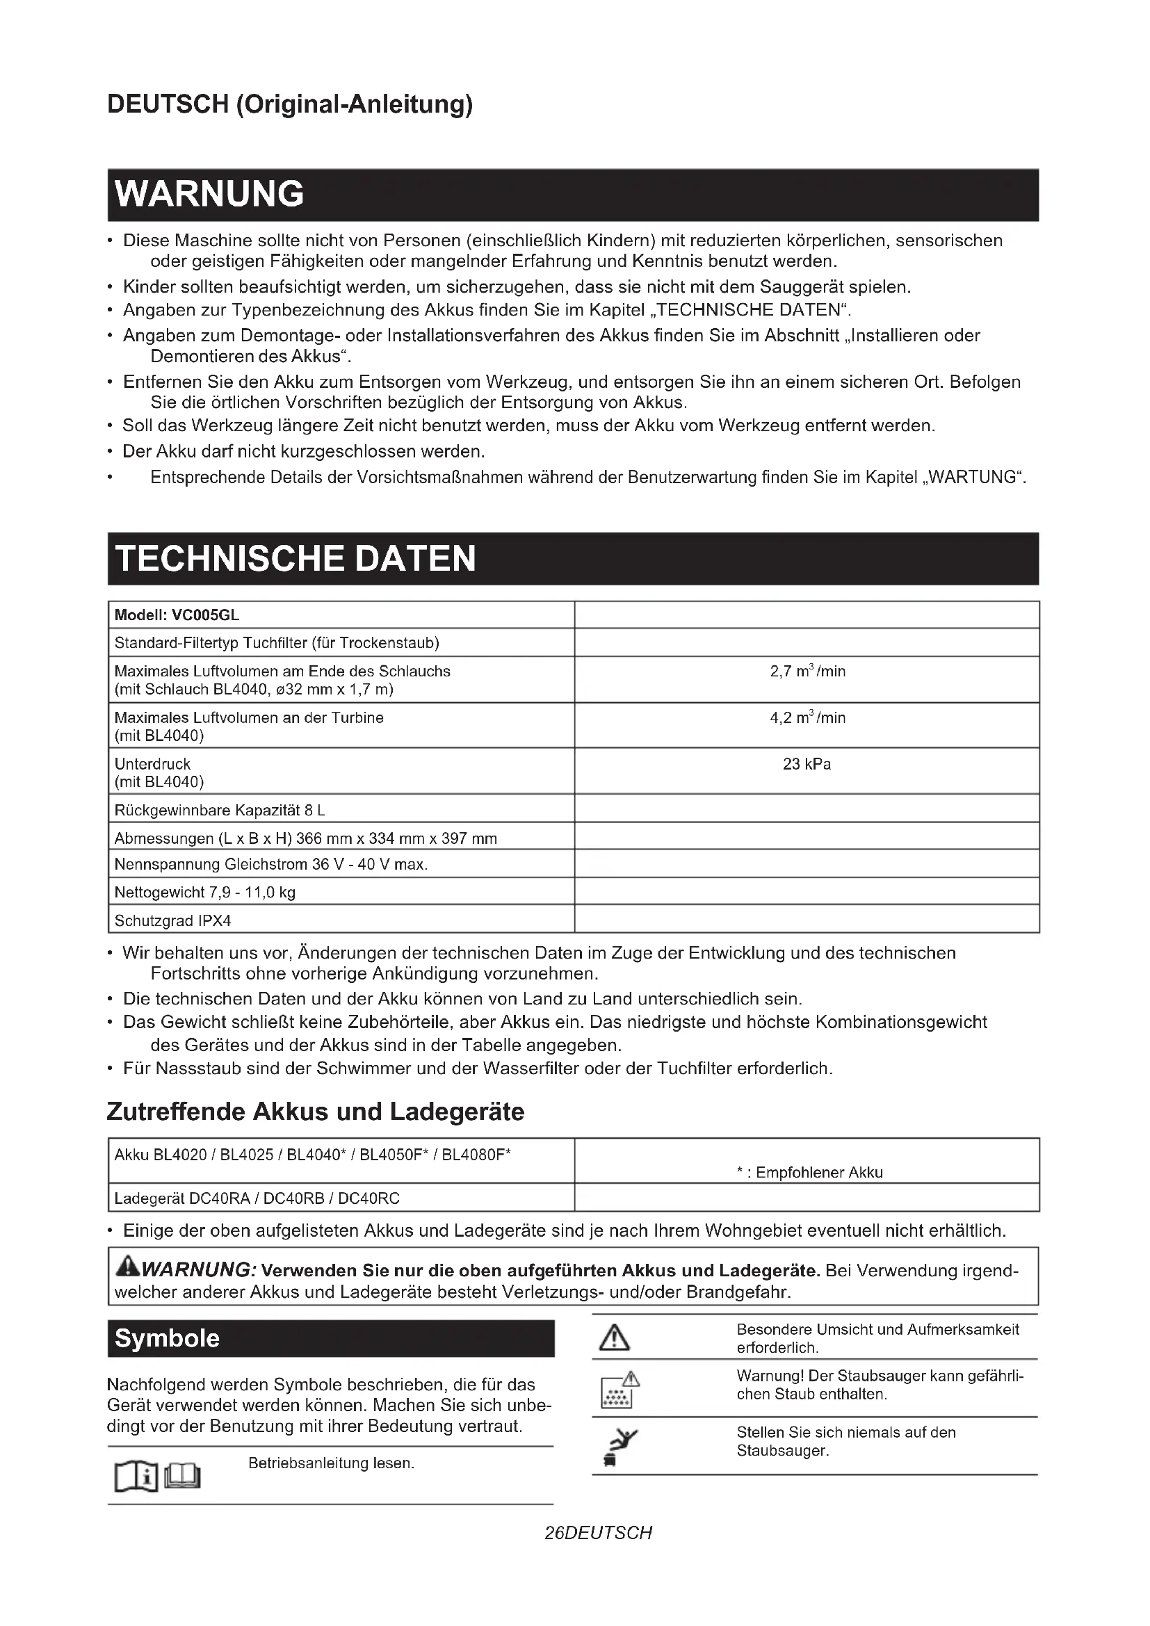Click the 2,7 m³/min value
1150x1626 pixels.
tap(807, 672)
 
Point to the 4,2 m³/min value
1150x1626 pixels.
tap(807, 718)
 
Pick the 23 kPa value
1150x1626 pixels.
tap(807, 765)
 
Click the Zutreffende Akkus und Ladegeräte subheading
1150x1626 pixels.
tap(315, 1111)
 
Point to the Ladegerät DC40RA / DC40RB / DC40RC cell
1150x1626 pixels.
tap(257, 1198)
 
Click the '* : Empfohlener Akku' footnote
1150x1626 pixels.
tap(809, 1172)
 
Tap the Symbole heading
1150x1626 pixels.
tap(167, 1338)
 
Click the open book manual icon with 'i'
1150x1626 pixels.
tap(136, 1477)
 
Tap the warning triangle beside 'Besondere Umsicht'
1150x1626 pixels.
tap(614, 1338)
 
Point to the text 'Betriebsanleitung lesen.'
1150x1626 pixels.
tap(332, 1463)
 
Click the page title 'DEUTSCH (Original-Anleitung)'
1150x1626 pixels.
tap(290, 104)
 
